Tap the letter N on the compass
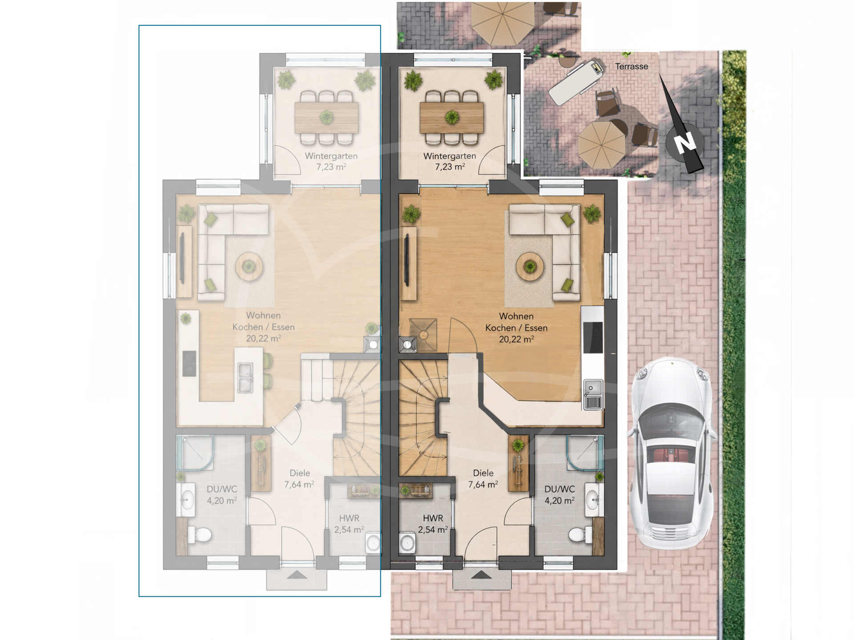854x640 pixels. point(685,143)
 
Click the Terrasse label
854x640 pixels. point(631,66)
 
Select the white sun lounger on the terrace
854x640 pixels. point(576,82)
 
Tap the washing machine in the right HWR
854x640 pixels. point(407,542)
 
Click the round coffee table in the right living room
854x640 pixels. point(529,267)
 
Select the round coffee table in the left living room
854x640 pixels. point(249,267)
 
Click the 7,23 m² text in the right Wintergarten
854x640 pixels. point(450,167)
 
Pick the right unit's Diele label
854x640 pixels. point(483,473)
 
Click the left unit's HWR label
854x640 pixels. point(349,518)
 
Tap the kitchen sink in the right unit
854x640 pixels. point(593,394)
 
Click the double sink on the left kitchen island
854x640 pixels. point(245,377)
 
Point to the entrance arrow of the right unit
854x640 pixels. point(481,575)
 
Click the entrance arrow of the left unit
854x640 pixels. point(297,575)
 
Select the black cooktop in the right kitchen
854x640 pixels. point(592,337)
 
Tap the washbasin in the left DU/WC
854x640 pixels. point(186,500)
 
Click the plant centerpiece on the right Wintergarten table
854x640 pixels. point(452,117)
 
